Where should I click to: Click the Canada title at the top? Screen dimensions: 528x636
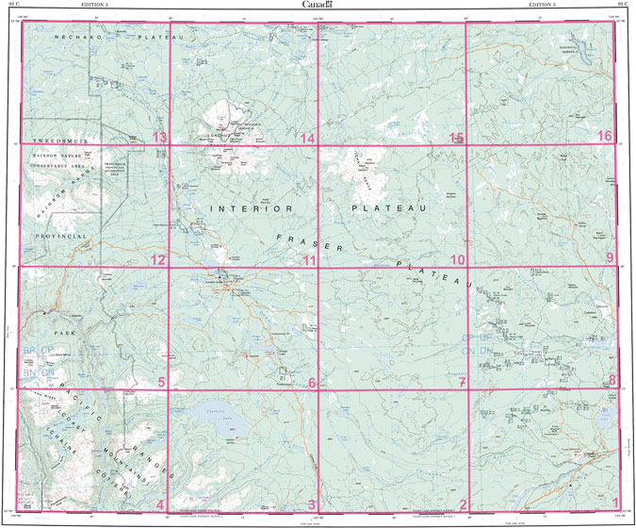318,6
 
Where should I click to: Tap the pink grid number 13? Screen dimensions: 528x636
159,139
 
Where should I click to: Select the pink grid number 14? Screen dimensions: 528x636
307,139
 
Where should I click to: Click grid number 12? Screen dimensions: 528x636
157,260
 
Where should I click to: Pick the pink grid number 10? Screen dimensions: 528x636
458,260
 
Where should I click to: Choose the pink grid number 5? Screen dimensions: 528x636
161,382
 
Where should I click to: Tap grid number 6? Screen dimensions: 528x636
311,382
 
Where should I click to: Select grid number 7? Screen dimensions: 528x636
462,382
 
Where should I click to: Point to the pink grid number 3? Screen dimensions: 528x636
312,503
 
